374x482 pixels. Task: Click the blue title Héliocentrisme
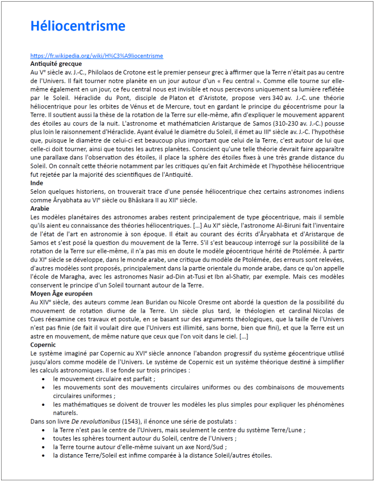click(x=78, y=26)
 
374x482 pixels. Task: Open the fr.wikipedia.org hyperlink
click(x=96, y=56)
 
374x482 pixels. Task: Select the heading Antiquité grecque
click(x=56, y=64)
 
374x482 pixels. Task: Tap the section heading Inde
click(x=37, y=183)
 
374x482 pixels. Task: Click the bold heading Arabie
click(x=40, y=209)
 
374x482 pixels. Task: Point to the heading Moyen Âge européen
click(x=61, y=293)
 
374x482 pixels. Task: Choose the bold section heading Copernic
click(x=43, y=344)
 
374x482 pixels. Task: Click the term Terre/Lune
click(x=289, y=430)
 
